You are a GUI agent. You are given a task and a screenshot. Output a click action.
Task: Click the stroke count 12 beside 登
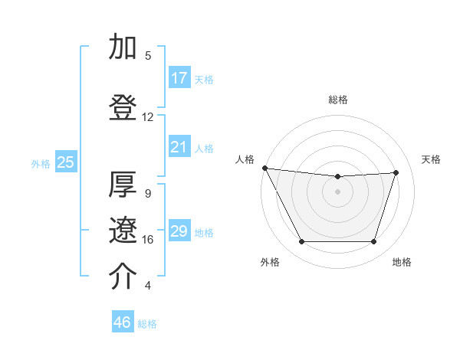tap(148, 117)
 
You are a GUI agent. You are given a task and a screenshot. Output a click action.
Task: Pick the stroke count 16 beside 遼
tap(148, 240)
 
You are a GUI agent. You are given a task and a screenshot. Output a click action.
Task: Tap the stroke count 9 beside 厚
tap(148, 194)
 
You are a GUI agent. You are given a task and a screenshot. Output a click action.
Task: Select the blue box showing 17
tap(179, 78)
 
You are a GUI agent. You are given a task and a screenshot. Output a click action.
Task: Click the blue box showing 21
tap(179, 147)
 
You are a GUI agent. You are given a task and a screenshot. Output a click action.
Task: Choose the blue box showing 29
tap(179, 231)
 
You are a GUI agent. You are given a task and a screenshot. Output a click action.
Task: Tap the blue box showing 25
tap(65, 162)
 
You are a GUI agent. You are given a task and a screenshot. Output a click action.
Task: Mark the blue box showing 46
tap(123, 322)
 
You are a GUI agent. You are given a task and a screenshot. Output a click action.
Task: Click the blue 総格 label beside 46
tap(147, 324)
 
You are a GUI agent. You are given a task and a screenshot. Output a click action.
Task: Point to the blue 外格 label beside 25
tap(41, 163)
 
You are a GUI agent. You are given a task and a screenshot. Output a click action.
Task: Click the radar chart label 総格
tap(338, 100)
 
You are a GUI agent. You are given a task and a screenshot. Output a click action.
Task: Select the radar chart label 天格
tap(432, 159)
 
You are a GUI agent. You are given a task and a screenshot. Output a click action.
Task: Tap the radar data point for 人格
tap(264, 168)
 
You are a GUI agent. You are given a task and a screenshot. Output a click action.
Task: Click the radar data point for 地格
tap(374, 242)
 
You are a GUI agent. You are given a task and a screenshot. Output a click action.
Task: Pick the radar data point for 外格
tap(301, 242)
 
